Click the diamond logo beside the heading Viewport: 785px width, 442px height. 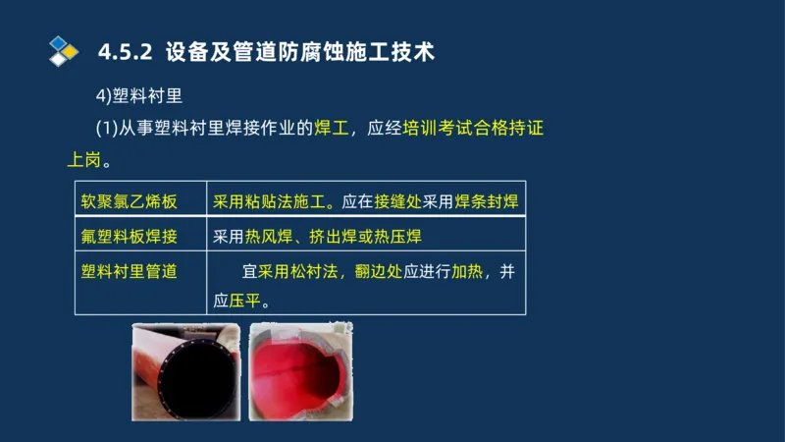[63, 51]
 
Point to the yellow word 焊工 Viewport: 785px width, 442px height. [332, 128]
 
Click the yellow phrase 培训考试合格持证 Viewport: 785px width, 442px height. [473, 128]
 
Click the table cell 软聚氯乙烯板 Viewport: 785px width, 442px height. [129, 202]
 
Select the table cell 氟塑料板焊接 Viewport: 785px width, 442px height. [129, 237]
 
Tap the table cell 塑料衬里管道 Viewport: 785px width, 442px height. [129, 271]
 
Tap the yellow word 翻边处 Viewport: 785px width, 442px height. [380, 271]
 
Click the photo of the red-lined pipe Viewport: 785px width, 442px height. [299, 371]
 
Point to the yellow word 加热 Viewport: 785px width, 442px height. [467, 271]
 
